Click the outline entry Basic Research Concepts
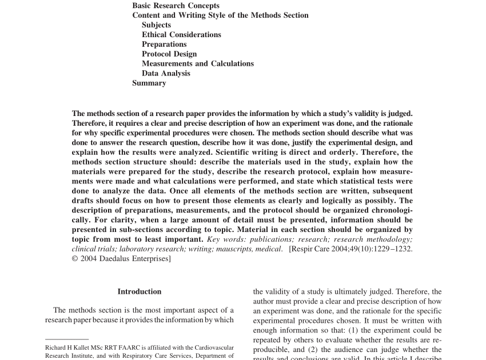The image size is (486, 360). (x=176, y=6)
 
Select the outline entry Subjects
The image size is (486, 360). (x=156, y=25)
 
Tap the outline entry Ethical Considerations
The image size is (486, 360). (x=181, y=35)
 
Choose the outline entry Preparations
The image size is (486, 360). (x=164, y=45)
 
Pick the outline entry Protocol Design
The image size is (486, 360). (x=169, y=54)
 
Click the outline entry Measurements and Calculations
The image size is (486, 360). (x=198, y=64)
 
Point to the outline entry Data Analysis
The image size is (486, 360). (x=166, y=74)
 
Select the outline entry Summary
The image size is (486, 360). (x=149, y=83)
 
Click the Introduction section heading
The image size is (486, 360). (x=140, y=291)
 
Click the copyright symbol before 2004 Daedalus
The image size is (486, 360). (x=75, y=259)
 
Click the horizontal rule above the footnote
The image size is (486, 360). (x=67, y=339)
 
